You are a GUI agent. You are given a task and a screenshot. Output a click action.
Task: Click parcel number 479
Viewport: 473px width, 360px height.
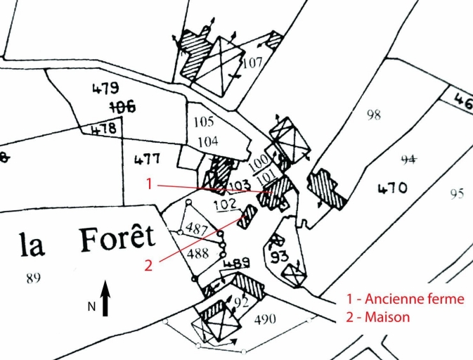[x=105, y=89]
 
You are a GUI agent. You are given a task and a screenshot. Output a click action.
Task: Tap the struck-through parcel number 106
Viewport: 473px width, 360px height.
[x=122, y=106]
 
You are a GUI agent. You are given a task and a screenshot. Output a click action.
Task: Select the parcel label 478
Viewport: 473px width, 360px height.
[x=103, y=129]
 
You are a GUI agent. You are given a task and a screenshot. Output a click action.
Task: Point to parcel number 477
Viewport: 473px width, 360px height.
[x=147, y=158]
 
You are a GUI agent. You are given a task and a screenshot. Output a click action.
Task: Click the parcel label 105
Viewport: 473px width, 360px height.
[x=204, y=122]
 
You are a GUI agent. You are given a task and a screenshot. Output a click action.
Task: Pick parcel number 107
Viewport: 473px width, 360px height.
[x=252, y=63]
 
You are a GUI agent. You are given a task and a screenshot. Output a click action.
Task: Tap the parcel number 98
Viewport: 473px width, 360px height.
[x=374, y=115]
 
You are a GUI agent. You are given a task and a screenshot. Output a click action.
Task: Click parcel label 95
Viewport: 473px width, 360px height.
[x=457, y=193]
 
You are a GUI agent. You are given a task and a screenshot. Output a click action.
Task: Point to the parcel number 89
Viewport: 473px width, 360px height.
[x=33, y=278]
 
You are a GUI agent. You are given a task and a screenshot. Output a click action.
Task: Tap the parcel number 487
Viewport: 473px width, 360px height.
[x=196, y=229]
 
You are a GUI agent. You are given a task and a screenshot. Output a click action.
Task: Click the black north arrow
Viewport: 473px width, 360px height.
[x=105, y=297]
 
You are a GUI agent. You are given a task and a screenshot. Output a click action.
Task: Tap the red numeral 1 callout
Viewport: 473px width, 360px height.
[x=149, y=184]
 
